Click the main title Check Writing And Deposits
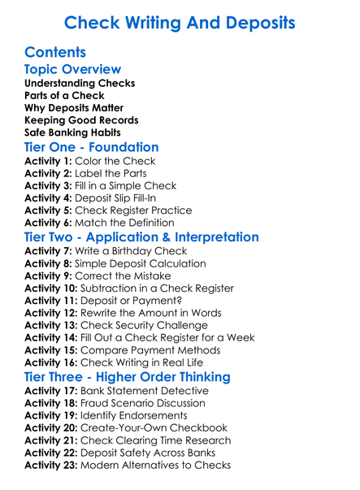click(x=180, y=21)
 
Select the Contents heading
click(x=55, y=53)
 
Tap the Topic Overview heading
click(x=72, y=70)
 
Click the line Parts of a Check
click(x=65, y=95)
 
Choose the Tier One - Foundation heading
click(x=91, y=148)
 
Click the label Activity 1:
click(x=50, y=161)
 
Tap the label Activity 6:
click(x=50, y=223)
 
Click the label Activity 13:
click(x=54, y=324)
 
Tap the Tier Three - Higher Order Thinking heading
click(x=128, y=377)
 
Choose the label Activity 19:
click(x=54, y=416)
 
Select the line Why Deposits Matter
click(x=74, y=107)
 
